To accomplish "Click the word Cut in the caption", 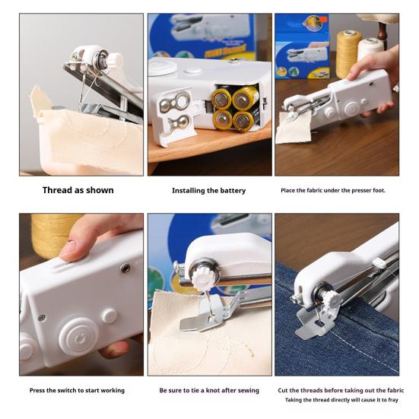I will click(x=283, y=390).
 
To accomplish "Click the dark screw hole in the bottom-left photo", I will click(x=125, y=268).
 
